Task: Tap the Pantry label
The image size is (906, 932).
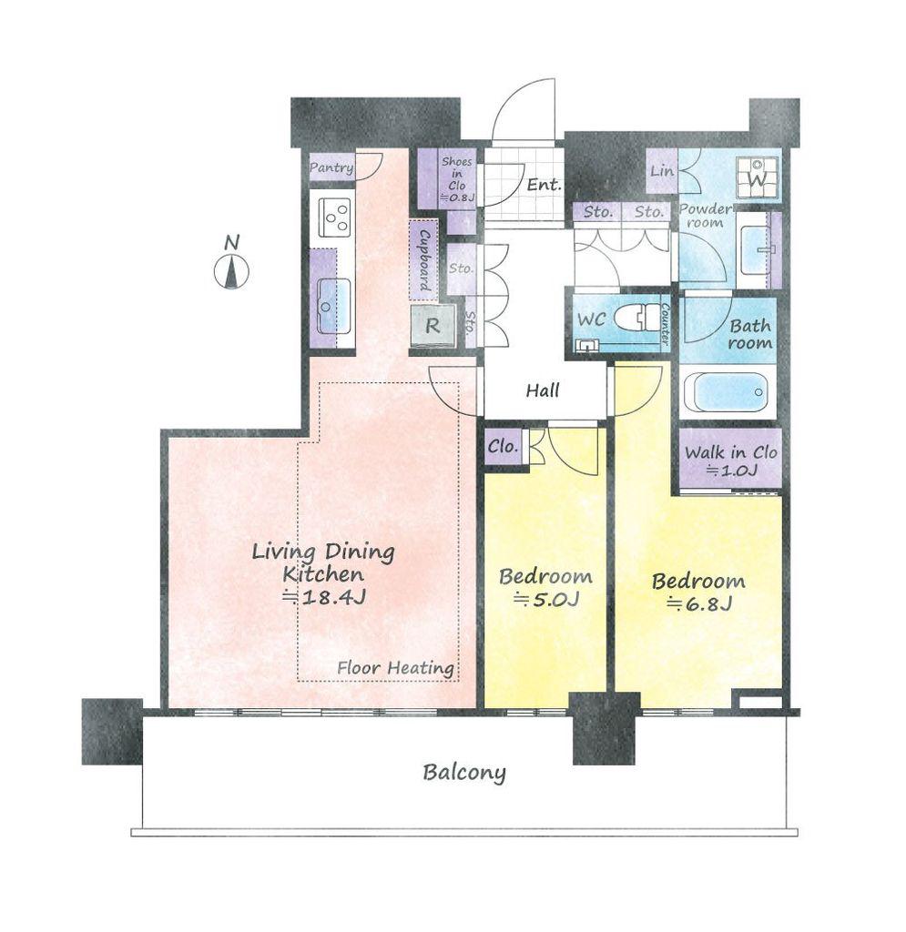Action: tap(331, 168)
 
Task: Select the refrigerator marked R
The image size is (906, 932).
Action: tap(433, 326)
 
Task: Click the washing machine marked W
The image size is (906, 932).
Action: tap(757, 177)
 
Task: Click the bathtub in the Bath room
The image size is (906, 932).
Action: tap(725, 391)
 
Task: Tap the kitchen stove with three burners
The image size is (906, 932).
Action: tap(334, 217)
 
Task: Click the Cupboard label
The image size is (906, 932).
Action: tap(424, 259)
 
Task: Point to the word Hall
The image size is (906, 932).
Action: tap(543, 390)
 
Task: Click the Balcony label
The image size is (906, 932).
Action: tap(464, 773)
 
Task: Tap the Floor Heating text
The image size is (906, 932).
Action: tap(396, 668)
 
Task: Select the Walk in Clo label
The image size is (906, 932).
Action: tap(730, 452)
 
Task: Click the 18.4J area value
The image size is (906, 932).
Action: tap(324, 597)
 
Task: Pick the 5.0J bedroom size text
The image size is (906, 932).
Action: tap(545, 599)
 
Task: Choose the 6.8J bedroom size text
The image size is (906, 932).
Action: tap(699, 603)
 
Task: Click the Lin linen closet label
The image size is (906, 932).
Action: tap(662, 171)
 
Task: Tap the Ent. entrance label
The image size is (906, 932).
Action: tap(544, 184)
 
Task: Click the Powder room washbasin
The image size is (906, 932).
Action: tap(755, 249)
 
